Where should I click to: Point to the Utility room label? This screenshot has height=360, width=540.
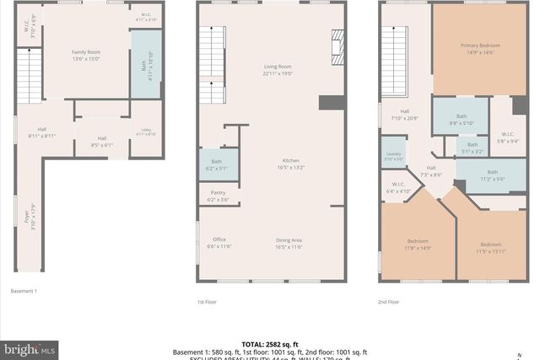click(145, 132)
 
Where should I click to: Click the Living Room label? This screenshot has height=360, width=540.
click(278, 70)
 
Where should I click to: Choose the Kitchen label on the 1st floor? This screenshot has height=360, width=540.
click(290, 164)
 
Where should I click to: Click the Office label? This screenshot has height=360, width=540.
click(219, 242)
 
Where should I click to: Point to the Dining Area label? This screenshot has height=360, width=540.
click(289, 242)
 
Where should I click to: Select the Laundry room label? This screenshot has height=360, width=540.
click(394, 156)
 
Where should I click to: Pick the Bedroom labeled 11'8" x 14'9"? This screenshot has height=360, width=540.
click(418, 244)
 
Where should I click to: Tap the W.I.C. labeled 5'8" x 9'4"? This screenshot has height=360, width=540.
click(508, 137)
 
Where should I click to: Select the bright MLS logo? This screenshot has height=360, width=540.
click(30, 347)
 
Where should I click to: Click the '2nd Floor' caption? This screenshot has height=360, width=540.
click(389, 301)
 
